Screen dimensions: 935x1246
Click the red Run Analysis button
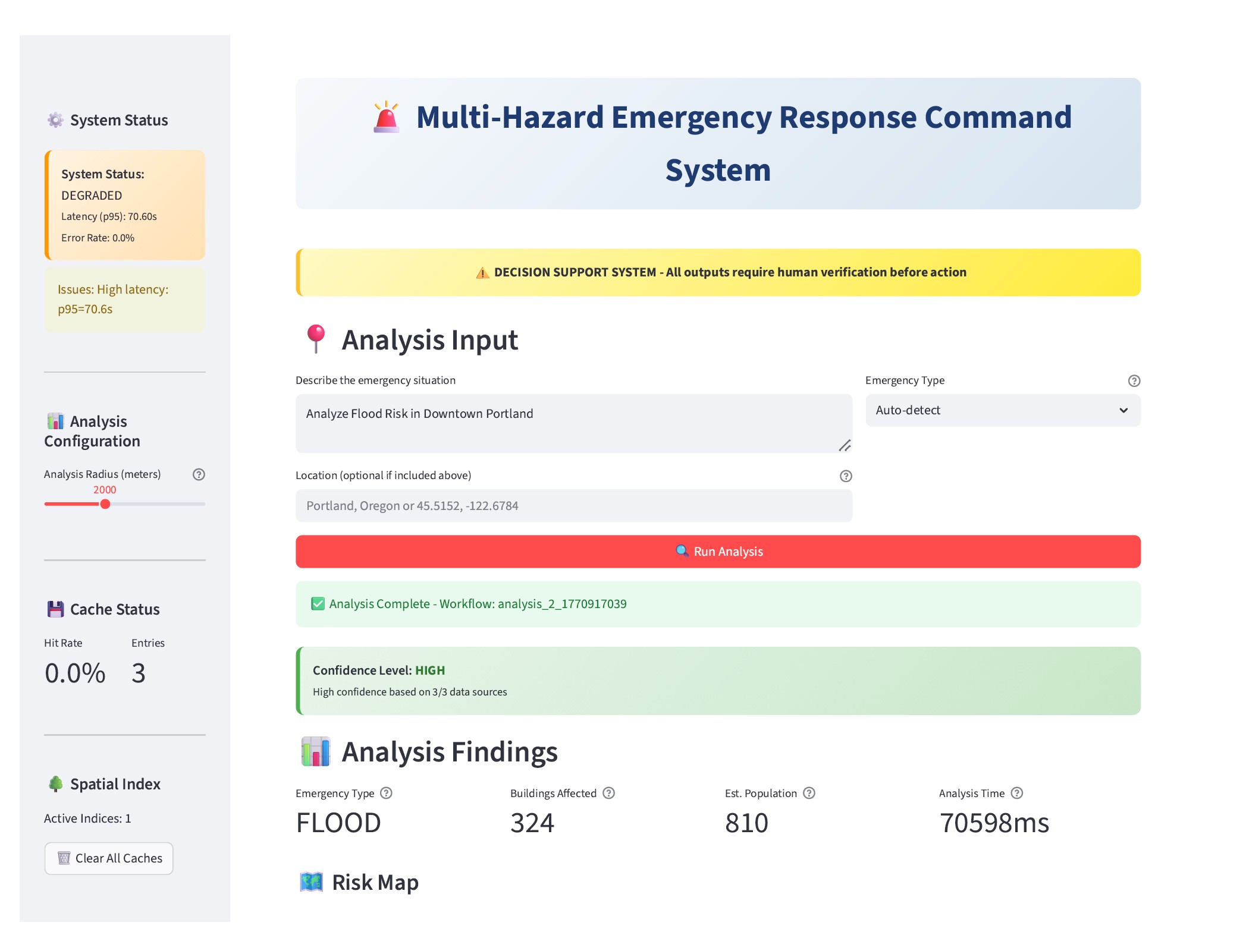tap(717, 552)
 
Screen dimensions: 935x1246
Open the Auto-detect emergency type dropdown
tap(1002, 410)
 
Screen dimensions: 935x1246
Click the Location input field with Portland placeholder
tap(573, 506)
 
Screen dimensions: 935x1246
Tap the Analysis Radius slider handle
tap(105, 504)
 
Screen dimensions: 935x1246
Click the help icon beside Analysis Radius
tap(199, 474)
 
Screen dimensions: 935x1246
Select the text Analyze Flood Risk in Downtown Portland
tap(419, 414)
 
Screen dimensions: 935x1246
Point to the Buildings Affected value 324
tap(532, 823)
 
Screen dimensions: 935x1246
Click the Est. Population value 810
tap(746, 823)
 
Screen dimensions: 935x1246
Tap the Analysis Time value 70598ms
tap(994, 823)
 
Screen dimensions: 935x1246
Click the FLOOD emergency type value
tap(338, 823)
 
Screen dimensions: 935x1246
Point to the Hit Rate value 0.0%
tap(75, 673)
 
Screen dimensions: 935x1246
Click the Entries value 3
tap(139, 673)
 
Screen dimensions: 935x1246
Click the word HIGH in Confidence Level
tap(430, 670)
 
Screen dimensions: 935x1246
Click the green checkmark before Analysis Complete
tap(318, 604)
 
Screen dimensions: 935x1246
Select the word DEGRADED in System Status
tap(92, 196)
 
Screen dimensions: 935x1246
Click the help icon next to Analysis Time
tap(1017, 793)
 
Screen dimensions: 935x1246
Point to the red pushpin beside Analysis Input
tap(316, 339)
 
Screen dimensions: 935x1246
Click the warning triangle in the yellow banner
tap(482, 273)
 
